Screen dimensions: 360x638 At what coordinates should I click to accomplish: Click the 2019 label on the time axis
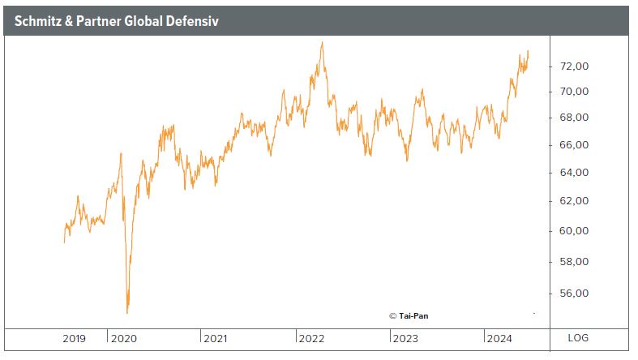(x=75, y=338)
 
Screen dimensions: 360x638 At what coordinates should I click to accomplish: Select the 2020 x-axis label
(x=124, y=338)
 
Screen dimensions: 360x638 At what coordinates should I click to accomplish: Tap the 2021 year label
(x=216, y=338)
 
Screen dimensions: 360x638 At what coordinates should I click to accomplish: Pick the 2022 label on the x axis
(x=311, y=338)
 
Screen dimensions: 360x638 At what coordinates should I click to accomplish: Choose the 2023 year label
(x=405, y=338)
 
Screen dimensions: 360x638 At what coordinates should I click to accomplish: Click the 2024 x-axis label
(x=498, y=338)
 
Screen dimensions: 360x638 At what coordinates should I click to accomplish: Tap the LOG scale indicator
(x=578, y=338)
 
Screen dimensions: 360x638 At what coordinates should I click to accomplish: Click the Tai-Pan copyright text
(x=409, y=315)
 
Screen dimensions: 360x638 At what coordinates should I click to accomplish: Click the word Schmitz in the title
(x=38, y=21)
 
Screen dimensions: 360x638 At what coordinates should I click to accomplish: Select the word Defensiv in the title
(x=194, y=21)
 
